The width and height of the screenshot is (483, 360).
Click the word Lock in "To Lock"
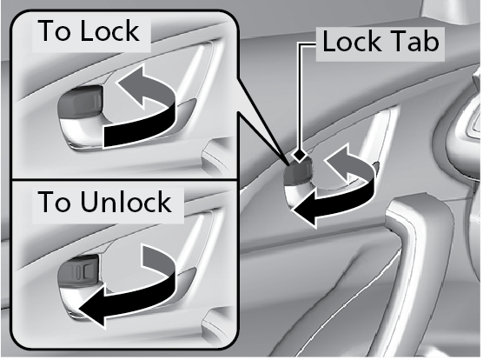point(109,30)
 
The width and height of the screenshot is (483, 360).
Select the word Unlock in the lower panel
point(126,202)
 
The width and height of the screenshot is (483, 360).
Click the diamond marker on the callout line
point(300,155)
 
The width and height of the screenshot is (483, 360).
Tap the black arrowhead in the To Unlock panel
point(92,307)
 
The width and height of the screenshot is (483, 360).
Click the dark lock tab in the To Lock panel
point(80,101)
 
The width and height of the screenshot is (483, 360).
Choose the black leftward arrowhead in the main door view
point(305,210)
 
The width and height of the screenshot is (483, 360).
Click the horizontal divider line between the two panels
point(124,179)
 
